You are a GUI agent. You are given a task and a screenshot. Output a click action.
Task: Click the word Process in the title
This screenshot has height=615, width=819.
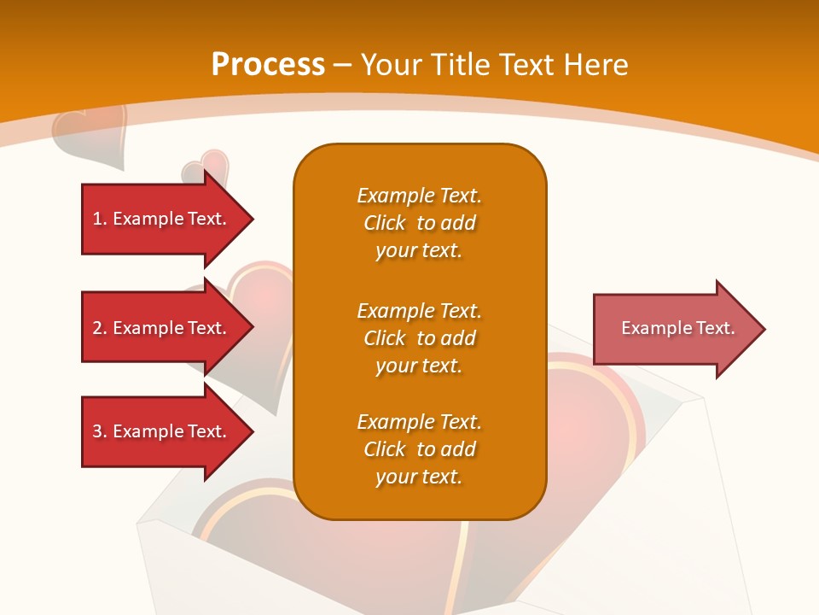(268, 65)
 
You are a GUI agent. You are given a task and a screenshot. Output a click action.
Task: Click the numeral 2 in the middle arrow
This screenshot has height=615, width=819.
(97, 328)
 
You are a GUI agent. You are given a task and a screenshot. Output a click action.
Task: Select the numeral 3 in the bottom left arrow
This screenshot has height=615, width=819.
(97, 431)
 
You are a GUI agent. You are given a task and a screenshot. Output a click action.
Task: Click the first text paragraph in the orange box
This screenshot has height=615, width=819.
(419, 223)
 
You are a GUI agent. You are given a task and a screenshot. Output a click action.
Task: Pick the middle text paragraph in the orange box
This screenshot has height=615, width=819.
(419, 338)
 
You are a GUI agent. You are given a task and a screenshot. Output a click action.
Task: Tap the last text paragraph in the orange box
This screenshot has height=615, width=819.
(419, 449)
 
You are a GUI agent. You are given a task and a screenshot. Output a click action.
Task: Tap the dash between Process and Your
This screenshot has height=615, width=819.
(342, 65)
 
